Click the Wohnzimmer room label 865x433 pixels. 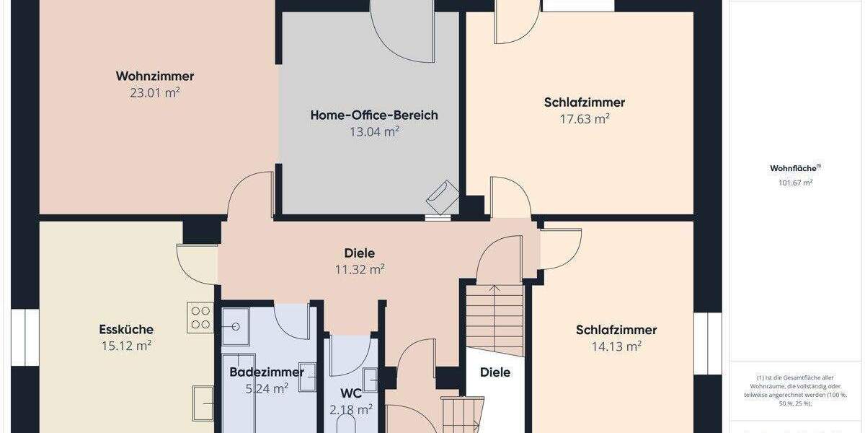click(x=155, y=76)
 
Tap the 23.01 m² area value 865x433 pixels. click(x=155, y=93)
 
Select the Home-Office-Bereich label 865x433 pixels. click(x=374, y=115)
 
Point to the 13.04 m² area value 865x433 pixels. click(x=374, y=131)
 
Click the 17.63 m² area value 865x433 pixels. click(x=585, y=119)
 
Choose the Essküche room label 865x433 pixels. click(x=126, y=330)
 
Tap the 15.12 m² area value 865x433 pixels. click(x=126, y=346)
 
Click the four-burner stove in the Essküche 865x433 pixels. click(x=200, y=318)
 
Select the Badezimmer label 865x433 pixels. click(x=267, y=372)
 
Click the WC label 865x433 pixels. click(x=350, y=394)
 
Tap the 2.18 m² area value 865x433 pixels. click(x=351, y=410)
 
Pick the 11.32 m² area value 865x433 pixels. click(x=360, y=270)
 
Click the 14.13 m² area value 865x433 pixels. click(x=616, y=346)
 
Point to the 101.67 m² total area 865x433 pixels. click(x=795, y=183)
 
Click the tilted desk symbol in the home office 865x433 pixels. click(x=442, y=195)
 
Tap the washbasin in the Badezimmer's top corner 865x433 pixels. click(x=235, y=325)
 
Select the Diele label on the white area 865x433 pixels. click(x=495, y=372)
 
